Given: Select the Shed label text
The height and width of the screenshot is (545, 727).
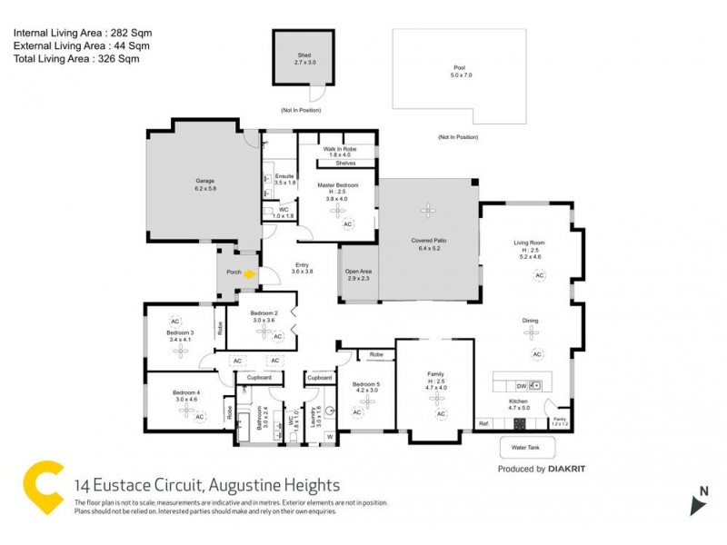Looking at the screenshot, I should tap(304, 56).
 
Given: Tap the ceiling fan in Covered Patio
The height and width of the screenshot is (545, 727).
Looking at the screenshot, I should tap(427, 210).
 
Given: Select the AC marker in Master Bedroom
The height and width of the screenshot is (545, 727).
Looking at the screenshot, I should tap(345, 223).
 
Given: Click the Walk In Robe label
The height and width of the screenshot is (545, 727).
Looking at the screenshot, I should tap(338, 151).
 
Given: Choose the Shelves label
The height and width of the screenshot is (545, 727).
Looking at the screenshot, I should tap(345, 163).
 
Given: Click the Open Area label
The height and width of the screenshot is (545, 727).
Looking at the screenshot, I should tap(358, 274).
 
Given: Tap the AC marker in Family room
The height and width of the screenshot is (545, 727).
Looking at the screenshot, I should tap(441, 414).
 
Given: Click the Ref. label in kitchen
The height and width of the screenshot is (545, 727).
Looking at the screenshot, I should tap(483, 422).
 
